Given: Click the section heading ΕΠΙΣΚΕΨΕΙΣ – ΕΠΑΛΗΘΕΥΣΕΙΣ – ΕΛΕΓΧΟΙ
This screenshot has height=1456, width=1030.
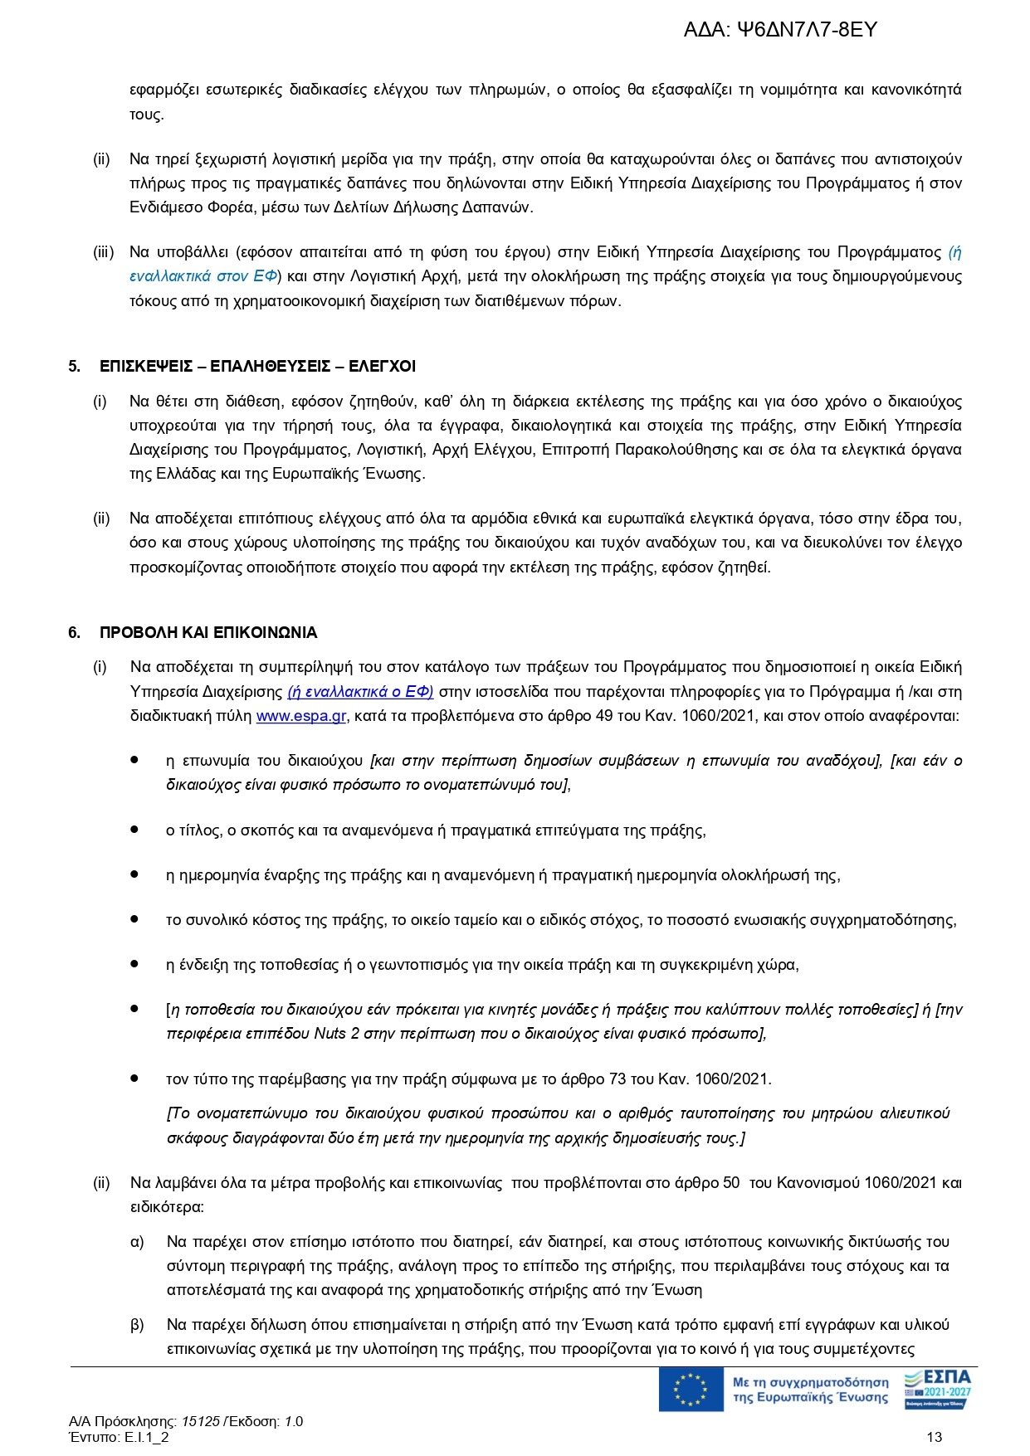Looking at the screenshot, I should click(257, 366).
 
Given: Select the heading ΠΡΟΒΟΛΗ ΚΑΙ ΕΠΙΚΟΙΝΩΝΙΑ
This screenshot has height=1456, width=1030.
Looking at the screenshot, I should click(208, 632).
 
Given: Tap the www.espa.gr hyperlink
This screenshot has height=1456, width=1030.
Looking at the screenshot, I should click(301, 716).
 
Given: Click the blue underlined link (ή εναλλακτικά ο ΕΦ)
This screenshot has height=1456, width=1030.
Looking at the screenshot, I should click(360, 692).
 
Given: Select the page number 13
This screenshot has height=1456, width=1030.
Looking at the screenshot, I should click(934, 1438).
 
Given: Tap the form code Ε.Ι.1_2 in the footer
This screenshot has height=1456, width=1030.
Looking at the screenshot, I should click(147, 1438).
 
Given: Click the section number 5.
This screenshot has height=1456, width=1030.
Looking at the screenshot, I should click(74, 366).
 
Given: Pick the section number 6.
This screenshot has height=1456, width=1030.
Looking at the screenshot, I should click(74, 632).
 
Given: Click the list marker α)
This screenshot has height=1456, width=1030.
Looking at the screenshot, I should click(137, 1242).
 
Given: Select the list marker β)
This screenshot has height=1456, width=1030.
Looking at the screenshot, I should click(137, 1325).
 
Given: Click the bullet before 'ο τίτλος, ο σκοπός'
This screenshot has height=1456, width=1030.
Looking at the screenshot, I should click(134, 829).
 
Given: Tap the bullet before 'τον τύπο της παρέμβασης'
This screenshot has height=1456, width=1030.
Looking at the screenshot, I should click(134, 1078).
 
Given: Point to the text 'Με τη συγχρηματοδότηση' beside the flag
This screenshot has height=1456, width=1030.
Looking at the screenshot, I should click(810, 1382).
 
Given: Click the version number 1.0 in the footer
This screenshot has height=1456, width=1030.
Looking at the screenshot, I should click(294, 1421).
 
